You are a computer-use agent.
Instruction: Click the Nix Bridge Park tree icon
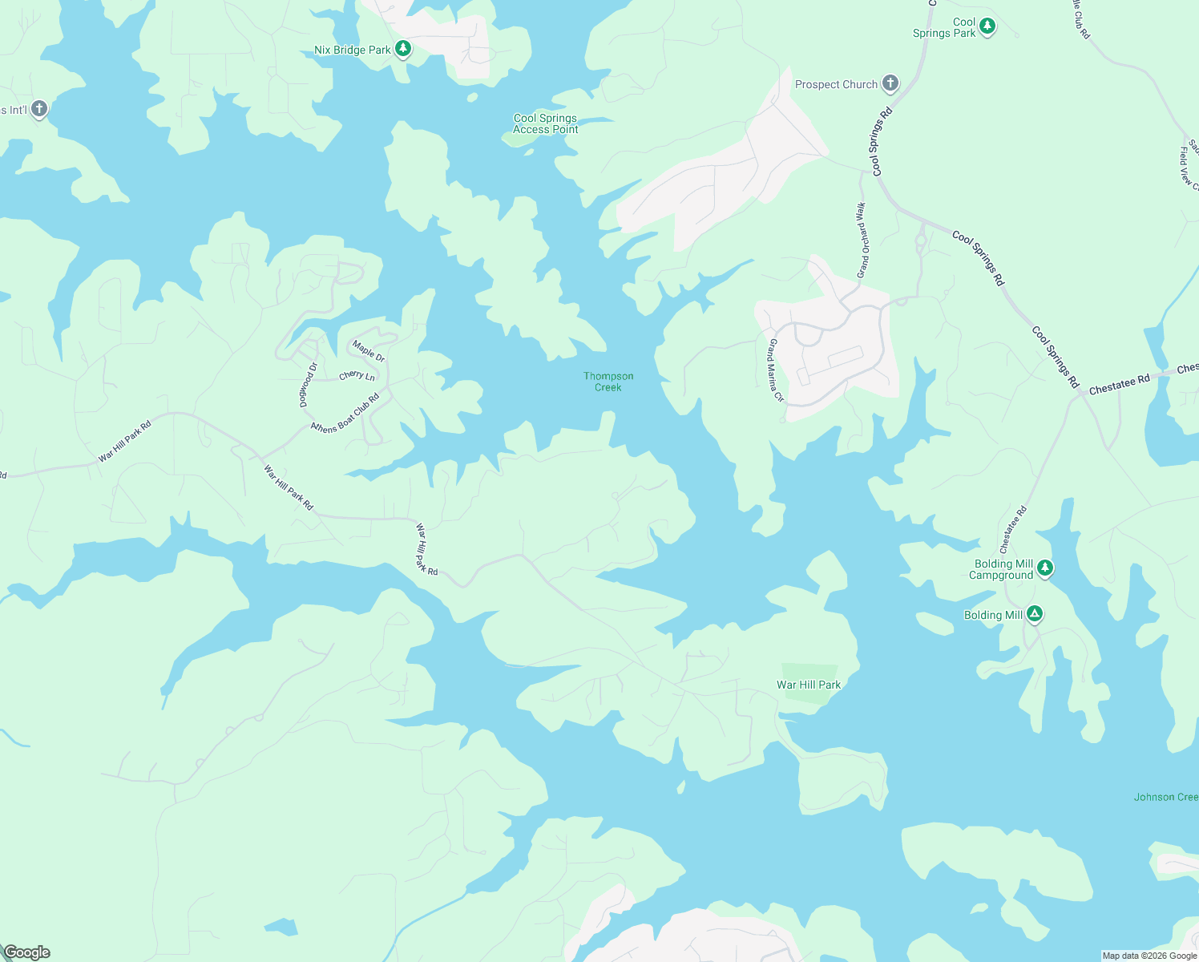point(403,50)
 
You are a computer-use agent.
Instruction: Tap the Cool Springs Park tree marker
point(987,26)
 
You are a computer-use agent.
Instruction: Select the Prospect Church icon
point(890,83)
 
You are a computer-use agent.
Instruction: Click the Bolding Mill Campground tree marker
point(1044,568)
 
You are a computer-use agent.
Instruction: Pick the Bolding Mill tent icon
point(1035,615)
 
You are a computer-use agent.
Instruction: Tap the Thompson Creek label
point(608,382)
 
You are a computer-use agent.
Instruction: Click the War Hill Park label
point(809,685)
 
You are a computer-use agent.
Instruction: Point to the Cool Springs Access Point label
point(545,123)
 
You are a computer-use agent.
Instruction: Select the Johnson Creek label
point(1165,797)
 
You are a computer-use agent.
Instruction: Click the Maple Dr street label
point(369,351)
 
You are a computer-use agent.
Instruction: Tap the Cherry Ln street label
point(357,375)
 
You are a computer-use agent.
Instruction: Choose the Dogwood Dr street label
point(309,385)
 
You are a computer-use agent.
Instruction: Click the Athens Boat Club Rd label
point(345,414)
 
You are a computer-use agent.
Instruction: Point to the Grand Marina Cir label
point(775,370)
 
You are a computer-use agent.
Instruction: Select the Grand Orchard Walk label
point(862,240)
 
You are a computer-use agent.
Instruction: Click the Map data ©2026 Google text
point(1149,956)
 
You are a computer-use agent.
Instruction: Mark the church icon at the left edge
point(38,109)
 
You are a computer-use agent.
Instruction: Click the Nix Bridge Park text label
point(353,50)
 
